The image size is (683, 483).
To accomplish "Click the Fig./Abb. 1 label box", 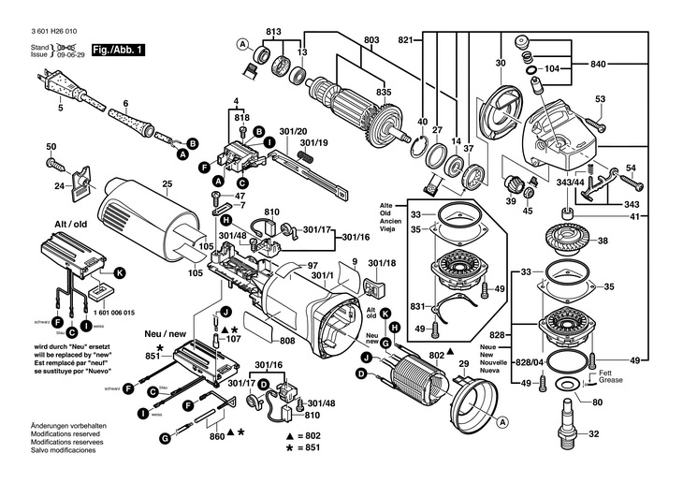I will (x=118, y=49).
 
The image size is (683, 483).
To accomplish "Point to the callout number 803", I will (x=371, y=39).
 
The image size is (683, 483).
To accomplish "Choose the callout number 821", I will (x=404, y=39).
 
